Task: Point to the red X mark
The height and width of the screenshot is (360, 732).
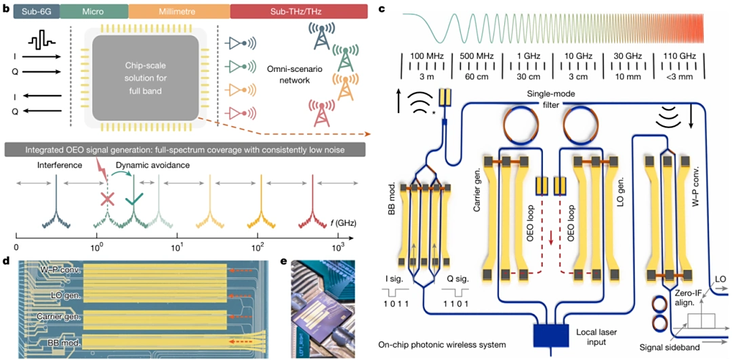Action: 106,200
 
